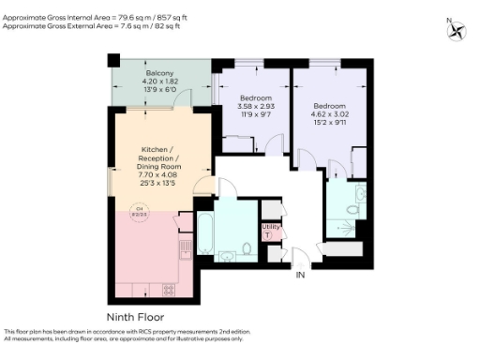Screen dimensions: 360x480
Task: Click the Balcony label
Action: point(157,80)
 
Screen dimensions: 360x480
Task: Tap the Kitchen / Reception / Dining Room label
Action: point(163,165)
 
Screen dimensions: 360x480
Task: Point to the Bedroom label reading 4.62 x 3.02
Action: point(330,113)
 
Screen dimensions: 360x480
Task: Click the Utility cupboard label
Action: point(270,230)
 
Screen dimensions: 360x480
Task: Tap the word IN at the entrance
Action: point(300,277)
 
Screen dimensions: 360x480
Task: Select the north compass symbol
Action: point(456,29)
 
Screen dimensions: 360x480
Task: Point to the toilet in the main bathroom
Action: point(245,249)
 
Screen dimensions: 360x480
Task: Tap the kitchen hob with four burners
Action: point(170,288)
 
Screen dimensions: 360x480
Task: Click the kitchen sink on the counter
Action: point(185,247)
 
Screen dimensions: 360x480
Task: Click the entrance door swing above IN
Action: point(298,255)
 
